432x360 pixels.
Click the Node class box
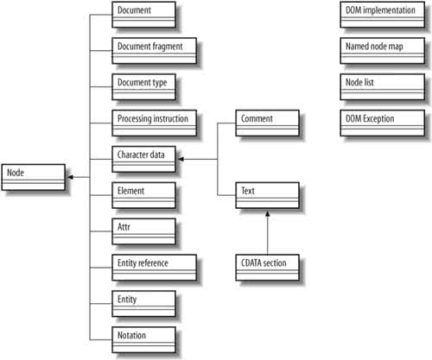click(34, 177)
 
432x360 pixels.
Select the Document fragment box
click(155, 51)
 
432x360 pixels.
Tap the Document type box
click(143, 87)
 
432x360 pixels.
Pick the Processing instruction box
click(155, 123)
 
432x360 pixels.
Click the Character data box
click(143, 159)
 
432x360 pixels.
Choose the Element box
click(143, 195)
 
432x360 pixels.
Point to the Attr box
click(143, 231)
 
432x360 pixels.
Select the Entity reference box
click(155, 268)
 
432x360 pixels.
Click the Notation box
click(143, 340)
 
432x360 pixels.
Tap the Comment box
click(268, 123)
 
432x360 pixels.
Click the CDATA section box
click(268, 268)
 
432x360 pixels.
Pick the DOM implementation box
click(383, 15)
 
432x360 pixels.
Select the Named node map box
click(383, 51)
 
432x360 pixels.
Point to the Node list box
click(383, 87)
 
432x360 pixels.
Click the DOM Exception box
click(383, 123)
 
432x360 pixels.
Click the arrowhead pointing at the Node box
click(70, 177)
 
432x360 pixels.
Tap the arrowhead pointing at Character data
click(181, 159)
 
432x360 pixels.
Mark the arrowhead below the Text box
click(268, 214)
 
